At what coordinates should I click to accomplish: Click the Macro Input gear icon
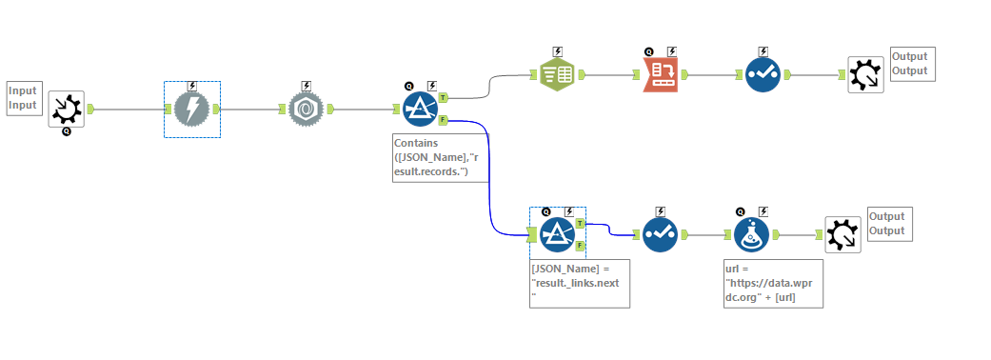click(66, 110)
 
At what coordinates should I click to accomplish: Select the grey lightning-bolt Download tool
click(191, 110)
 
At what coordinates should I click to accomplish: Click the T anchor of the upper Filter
click(444, 97)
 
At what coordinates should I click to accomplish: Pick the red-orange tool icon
click(660, 73)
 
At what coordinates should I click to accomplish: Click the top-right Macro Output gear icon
click(865, 74)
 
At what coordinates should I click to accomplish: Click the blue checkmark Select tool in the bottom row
click(661, 234)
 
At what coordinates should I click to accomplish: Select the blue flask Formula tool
click(752, 234)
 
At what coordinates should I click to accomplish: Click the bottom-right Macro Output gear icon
click(842, 234)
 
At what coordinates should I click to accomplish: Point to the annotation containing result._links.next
click(580, 283)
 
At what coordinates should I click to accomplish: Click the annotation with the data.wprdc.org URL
click(770, 283)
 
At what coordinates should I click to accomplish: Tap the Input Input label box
click(23, 97)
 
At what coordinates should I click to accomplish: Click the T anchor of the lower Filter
click(581, 223)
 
